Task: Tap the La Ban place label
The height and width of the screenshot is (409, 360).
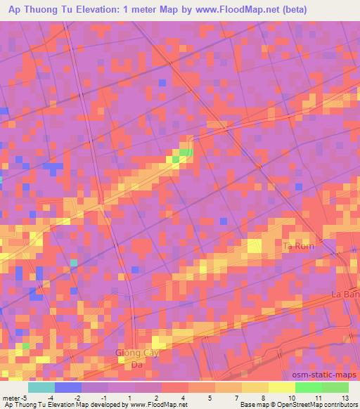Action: point(347,295)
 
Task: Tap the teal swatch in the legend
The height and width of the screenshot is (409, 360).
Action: point(41,387)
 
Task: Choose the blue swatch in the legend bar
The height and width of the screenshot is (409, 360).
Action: point(68,387)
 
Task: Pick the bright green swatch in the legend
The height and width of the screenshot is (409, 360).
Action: point(308,387)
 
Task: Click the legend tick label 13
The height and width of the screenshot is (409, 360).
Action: point(345,397)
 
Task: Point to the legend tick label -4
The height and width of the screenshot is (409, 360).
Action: point(49,397)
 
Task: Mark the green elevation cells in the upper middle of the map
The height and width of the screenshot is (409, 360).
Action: point(185,152)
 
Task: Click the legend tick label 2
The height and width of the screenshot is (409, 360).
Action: point(156,397)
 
